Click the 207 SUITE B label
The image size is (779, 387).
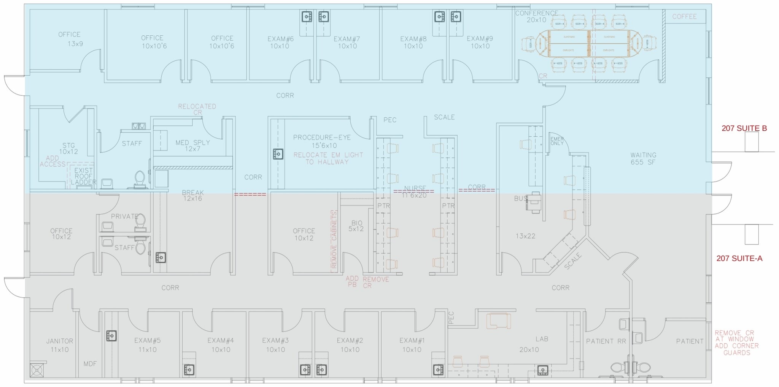(744, 128)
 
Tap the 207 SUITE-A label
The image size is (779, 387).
(739, 259)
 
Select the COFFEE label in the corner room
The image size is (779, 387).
(684, 17)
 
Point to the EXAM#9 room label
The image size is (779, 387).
(480, 42)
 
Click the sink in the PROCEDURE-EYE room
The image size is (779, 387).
(278, 154)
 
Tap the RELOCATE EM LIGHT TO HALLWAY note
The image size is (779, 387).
(328, 158)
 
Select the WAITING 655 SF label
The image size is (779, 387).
(643, 158)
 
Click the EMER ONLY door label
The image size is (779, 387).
(557, 141)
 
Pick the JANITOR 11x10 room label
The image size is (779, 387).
(60, 345)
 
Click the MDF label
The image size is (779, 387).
(90, 364)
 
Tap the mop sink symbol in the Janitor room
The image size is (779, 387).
(37, 370)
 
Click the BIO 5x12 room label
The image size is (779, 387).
(356, 226)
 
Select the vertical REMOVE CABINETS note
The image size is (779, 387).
(334, 241)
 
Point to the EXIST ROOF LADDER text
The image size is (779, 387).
(83, 176)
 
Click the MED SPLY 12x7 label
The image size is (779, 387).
(192, 145)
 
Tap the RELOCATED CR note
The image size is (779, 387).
(197, 109)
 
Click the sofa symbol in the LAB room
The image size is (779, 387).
(499, 321)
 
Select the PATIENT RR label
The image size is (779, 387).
(606, 341)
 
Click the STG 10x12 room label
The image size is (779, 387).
(68, 148)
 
